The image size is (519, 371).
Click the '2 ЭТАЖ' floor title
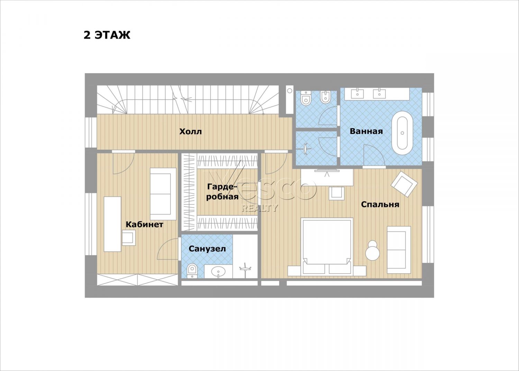point(107,35)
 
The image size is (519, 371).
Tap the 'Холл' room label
point(190,132)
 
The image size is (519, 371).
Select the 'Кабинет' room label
point(144,224)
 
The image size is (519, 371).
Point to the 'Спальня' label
point(380,204)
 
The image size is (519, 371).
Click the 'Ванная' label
point(366,131)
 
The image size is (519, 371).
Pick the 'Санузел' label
point(207,249)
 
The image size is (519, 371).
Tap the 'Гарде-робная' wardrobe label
point(222,192)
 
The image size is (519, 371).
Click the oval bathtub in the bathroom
point(402,133)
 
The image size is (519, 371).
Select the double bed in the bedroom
point(327,247)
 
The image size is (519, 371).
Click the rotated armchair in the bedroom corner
point(404,184)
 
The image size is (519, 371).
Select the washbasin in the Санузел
point(218,271)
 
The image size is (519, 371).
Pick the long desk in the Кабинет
point(112,224)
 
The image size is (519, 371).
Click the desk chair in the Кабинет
point(129,238)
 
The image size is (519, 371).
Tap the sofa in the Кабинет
point(163,194)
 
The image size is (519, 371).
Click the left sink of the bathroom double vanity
point(357,94)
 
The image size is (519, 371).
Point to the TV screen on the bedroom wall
point(327,171)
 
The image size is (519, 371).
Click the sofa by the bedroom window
point(399,250)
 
